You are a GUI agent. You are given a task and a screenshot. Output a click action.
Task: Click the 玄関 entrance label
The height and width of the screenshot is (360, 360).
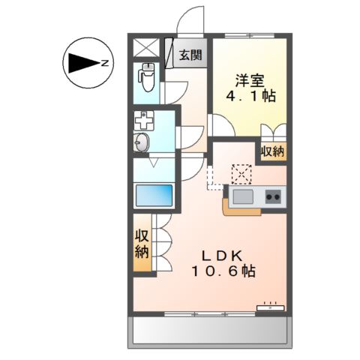pos(190,55)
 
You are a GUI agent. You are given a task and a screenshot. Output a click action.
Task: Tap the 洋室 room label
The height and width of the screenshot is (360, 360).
pos(250,80)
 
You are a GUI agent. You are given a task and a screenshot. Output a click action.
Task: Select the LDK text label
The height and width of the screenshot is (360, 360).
pos(223,256)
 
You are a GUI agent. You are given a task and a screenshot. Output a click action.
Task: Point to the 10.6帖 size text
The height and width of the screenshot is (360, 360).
pos(223,271)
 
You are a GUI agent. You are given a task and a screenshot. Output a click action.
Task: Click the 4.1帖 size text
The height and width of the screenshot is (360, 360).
pos(250,96)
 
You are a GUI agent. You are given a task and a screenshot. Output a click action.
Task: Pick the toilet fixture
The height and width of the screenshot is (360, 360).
pos(147,77)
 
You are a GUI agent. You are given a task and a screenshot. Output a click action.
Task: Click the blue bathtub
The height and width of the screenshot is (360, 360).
pos(153,195)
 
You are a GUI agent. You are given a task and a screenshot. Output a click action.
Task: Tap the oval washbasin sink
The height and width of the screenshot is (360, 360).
pos(141,142)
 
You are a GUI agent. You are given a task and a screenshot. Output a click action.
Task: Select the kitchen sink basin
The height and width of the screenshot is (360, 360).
pos(243,196)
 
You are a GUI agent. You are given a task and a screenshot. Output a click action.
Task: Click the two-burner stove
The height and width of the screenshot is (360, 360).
pos(273,196)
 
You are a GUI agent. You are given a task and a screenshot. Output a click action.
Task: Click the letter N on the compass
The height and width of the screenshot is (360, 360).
pos(105,63)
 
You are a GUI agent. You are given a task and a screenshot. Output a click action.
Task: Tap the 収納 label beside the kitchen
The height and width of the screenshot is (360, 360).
pos(273,151)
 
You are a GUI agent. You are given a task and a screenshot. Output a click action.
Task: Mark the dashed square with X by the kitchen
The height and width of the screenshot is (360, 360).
pos(241,175)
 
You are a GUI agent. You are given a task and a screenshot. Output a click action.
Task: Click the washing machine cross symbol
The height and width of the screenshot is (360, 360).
pos(144,121)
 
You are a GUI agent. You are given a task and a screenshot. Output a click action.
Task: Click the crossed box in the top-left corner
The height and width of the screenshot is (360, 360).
pos(146,48)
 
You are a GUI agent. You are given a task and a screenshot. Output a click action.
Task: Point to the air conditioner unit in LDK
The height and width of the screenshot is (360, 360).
pos(271,307)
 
